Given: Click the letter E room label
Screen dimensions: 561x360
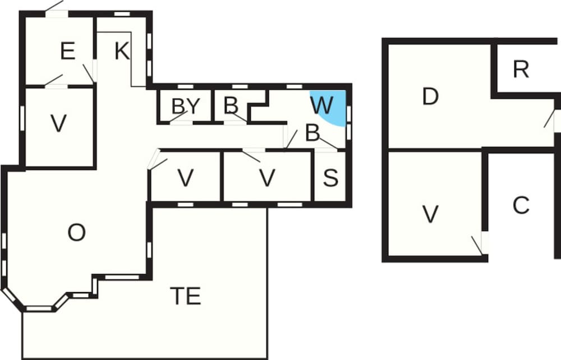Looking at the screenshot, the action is pyautogui.click(x=68, y=51).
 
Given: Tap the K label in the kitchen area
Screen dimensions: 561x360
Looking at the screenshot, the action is pyautogui.click(x=122, y=51).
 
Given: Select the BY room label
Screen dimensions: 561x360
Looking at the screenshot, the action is pyautogui.click(x=185, y=106).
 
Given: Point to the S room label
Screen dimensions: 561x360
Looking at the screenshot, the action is pyautogui.click(x=330, y=178).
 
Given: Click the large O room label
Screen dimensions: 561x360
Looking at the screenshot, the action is pyautogui.click(x=76, y=233).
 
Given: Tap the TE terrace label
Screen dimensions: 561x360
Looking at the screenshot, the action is pyautogui.click(x=185, y=296).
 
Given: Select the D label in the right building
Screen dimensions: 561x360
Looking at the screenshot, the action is pyautogui.click(x=430, y=96).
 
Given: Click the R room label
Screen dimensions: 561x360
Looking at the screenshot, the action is pyautogui.click(x=521, y=70).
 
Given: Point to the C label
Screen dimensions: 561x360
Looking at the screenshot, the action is pyautogui.click(x=521, y=206).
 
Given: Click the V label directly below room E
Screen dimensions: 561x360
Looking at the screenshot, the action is pyautogui.click(x=59, y=124).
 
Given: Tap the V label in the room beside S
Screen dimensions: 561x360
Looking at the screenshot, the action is pyautogui.click(x=267, y=178).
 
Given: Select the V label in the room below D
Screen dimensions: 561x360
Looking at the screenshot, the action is pyautogui.click(x=430, y=215).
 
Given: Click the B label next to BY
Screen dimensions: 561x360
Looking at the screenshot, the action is pyautogui.click(x=231, y=105).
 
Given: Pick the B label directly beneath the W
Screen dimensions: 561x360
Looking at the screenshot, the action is pyautogui.click(x=312, y=133).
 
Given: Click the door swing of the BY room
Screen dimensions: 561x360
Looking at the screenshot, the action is pyautogui.click(x=178, y=117).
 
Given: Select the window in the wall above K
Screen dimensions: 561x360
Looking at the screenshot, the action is pyautogui.click(x=122, y=14).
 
